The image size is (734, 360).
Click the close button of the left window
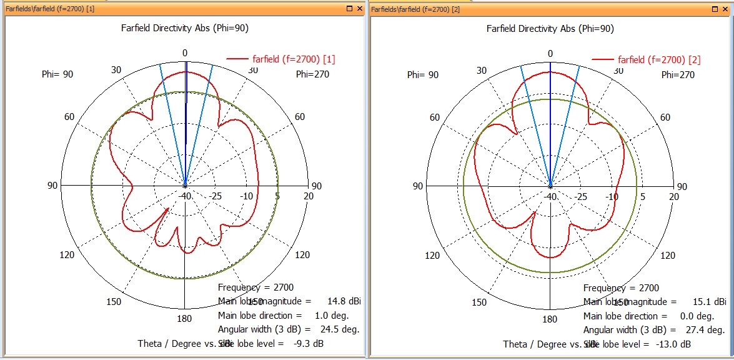(359, 9)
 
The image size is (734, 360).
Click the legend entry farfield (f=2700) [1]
(294, 59)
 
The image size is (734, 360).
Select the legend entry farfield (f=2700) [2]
(659, 60)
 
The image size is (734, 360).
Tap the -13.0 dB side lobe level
(673, 344)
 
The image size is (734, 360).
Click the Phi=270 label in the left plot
(312, 74)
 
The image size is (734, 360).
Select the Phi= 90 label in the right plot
(423, 75)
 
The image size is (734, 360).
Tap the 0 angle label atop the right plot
(550, 54)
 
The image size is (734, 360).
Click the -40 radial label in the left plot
(185, 197)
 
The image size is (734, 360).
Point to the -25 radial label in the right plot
(581, 197)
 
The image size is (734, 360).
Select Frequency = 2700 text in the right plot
(621, 288)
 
